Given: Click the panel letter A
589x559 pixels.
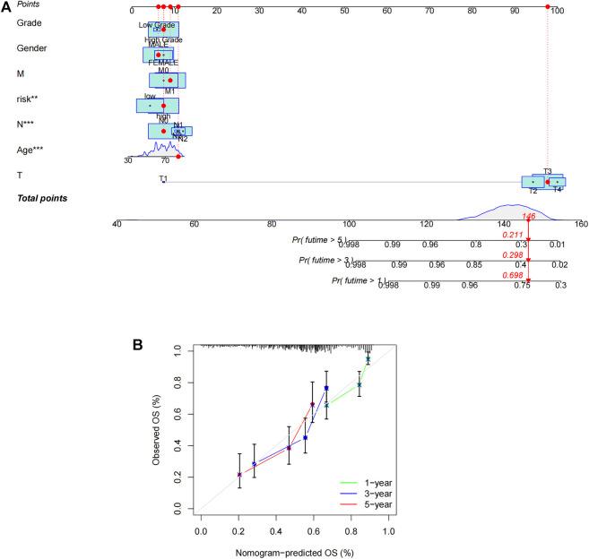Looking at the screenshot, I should pos(7,7).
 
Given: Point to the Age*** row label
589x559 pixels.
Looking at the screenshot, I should pos(34,150).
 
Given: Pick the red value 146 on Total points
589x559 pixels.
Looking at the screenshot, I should pos(529,217).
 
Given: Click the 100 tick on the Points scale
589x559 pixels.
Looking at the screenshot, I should pos(557,11).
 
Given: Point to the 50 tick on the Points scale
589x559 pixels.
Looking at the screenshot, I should pos(344,11).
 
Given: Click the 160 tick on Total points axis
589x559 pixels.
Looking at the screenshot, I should pos(581,224).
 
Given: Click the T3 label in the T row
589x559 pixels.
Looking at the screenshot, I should pos(547,171).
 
